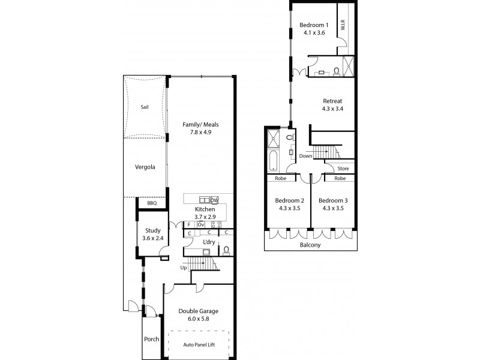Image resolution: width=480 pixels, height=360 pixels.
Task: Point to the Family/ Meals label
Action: pyautogui.click(x=200, y=125)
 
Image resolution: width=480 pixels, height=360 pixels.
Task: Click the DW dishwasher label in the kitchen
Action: pyautogui.click(x=214, y=200)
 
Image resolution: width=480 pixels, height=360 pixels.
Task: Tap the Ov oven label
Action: pyautogui.click(x=202, y=224)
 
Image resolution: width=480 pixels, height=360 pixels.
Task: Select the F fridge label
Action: pyautogui.click(x=189, y=224)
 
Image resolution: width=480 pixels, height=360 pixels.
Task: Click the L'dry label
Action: pyautogui.click(x=208, y=242)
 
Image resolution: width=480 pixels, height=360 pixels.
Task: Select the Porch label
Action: pyautogui.click(x=152, y=339)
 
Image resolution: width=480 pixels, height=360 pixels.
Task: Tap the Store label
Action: pyautogui.click(x=343, y=169)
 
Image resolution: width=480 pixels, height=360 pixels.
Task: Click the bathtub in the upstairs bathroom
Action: pyautogui.click(x=273, y=161)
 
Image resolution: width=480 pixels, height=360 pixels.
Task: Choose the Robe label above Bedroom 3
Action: pyautogui.click(x=340, y=178)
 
